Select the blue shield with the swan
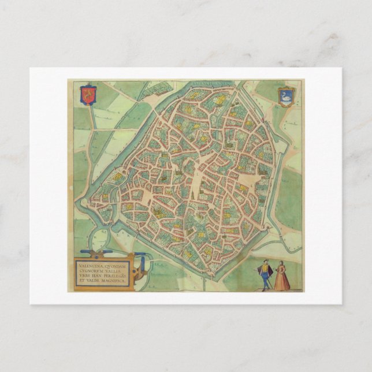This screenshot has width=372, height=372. tap(285, 95)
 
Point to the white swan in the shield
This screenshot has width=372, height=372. tap(285, 96)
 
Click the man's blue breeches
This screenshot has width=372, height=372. tap(265, 277)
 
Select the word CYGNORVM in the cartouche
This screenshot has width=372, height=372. tap(87, 272)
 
